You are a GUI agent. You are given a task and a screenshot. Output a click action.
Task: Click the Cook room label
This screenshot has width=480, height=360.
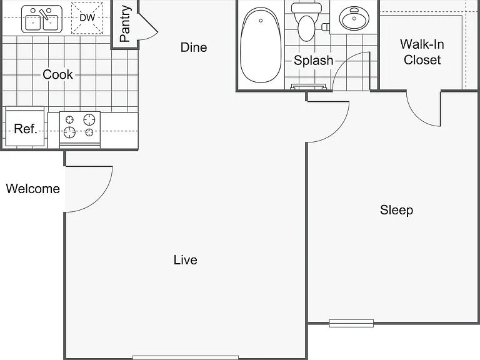point(57,74)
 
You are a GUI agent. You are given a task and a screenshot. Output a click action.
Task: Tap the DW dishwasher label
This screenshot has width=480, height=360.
point(87,17)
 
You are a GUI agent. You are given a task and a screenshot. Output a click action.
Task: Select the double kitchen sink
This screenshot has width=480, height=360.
point(42,19)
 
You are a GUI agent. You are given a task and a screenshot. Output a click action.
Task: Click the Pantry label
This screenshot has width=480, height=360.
point(125,24)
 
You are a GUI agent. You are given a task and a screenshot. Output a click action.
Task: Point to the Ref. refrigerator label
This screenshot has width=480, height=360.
point(26,129)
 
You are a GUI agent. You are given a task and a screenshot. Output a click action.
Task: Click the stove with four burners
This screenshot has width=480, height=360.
point(80,129)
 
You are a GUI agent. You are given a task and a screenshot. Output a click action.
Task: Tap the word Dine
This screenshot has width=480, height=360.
point(194,47)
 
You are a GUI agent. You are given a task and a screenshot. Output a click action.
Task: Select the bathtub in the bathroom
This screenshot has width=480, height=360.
point(261,45)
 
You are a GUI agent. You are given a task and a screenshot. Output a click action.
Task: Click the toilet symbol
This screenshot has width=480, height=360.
point(306,22)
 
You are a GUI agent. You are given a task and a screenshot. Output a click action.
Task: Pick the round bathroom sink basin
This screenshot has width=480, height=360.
point(354,19)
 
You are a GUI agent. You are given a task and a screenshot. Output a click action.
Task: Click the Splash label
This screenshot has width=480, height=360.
point(314,60)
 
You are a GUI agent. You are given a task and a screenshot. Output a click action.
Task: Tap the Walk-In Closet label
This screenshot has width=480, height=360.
point(422,52)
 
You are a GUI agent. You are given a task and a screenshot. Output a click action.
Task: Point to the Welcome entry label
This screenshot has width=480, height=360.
point(32,189)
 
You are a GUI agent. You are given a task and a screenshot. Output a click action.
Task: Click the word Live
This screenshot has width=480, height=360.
point(186,260)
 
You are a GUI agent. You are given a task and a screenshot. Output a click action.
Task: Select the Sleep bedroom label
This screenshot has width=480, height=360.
point(397,210)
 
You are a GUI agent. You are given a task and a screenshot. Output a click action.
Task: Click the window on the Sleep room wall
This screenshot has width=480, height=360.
point(351,323)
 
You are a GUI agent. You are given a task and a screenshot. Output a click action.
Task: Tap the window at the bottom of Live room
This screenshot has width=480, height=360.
point(186,357)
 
